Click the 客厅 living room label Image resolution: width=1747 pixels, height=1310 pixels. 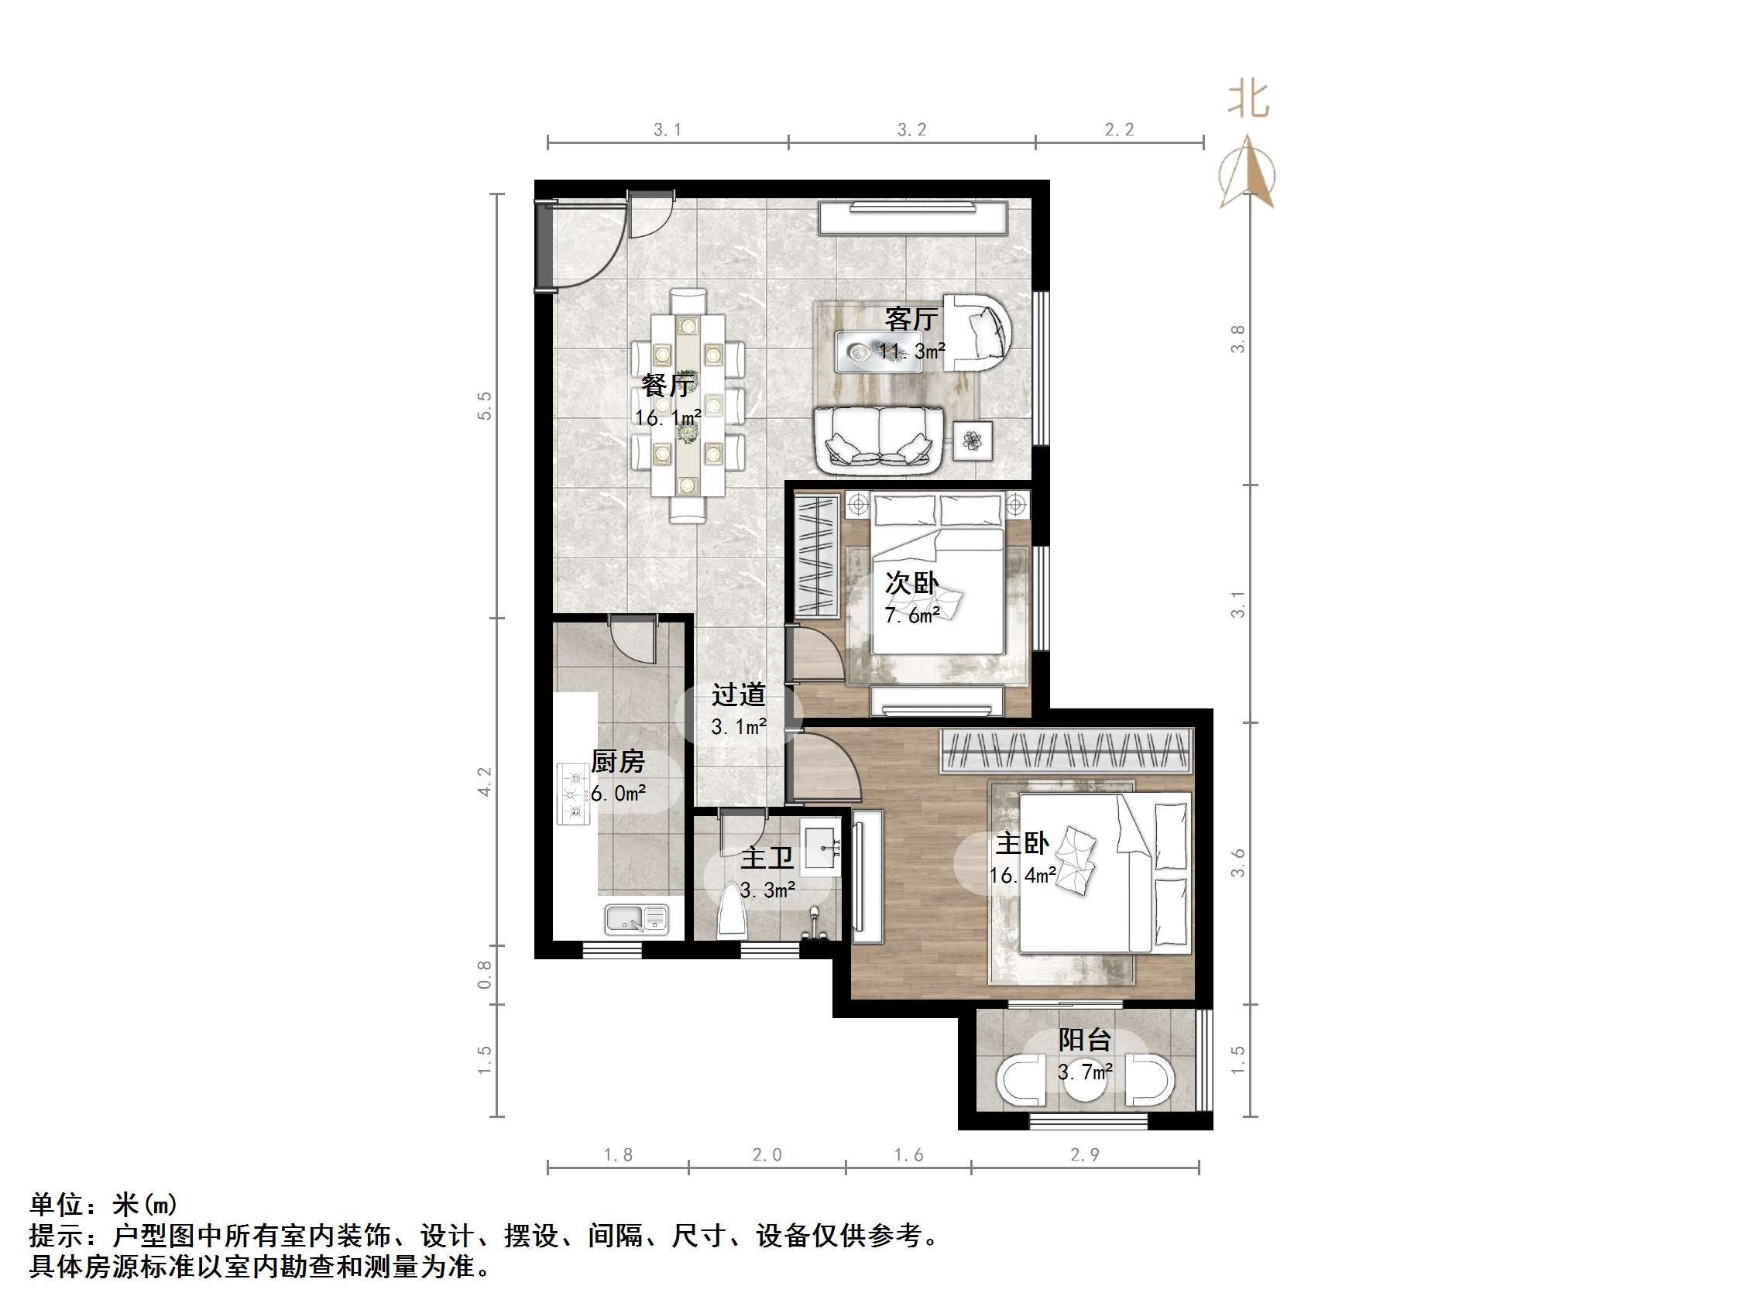click(x=911, y=320)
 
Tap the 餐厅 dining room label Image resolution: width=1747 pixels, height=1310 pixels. click(x=667, y=386)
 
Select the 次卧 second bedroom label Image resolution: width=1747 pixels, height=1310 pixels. click(x=911, y=584)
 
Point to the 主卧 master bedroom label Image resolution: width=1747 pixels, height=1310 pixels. click(x=1022, y=843)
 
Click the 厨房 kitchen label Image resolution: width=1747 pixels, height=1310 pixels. click(x=618, y=761)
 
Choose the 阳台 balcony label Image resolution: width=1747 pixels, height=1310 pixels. click(x=1084, y=1040)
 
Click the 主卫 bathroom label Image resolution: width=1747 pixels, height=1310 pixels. click(x=766, y=858)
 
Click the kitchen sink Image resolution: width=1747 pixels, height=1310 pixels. click(x=636, y=918)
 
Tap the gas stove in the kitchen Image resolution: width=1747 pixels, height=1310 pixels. click(x=573, y=794)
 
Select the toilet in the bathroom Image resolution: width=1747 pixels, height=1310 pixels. click(x=729, y=913)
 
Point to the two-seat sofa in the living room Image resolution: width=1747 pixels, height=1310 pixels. click(x=879, y=440)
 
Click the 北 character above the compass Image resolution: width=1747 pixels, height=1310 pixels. click(x=1248, y=101)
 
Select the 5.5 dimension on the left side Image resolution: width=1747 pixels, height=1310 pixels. click(x=484, y=405)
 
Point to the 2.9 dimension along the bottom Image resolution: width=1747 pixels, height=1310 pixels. click(x=1084, y=1154)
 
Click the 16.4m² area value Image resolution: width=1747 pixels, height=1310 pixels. click(x=1023, y=875)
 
